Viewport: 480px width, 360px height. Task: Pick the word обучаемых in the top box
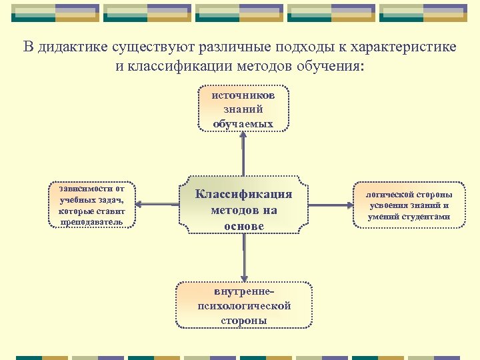[243, 123]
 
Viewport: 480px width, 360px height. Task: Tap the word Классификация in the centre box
[243, 194]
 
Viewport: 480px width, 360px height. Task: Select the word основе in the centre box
[243, 226]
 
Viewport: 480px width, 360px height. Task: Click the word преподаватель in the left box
[91, 221]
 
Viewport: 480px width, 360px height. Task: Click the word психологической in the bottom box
[244, 306]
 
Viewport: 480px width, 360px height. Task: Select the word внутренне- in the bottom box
[244, 292]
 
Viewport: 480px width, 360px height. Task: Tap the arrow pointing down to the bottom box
[245, 260]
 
